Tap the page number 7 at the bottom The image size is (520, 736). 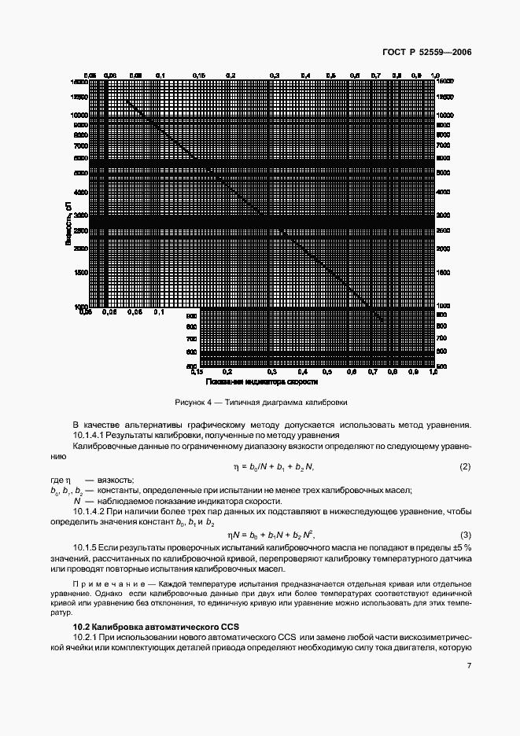coord(468,666)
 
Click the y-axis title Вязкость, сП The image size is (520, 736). coord(70,223)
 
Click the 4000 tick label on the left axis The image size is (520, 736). coord(79,191)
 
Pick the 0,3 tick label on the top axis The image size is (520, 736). coord(275,75)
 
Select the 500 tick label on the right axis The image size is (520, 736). coord(441,366)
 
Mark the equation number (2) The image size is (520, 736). coord(464,467)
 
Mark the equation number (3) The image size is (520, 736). coord(464,534)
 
